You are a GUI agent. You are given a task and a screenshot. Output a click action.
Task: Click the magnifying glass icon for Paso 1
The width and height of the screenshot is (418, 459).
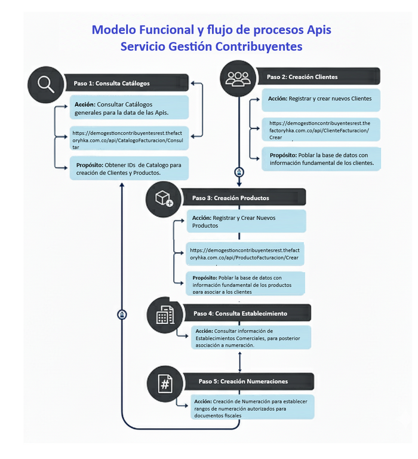click(46, 82)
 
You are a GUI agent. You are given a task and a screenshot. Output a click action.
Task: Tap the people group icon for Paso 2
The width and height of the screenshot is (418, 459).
click(238, 78)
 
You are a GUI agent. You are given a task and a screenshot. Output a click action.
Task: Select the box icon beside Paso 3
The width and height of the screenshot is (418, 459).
click(164, 198)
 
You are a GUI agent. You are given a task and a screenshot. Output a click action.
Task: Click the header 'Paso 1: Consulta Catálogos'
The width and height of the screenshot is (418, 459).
click(112, 83)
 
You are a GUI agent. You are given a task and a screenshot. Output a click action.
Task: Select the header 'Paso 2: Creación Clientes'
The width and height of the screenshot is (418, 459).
click(302, 77)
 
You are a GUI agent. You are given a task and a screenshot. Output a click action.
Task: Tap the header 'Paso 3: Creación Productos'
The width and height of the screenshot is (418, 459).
click(230, 198)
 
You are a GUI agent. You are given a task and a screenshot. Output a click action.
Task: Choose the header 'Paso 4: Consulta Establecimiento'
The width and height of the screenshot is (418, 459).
click(240, 313)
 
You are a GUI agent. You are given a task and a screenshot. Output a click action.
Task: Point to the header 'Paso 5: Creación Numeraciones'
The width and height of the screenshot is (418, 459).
click(243, 381)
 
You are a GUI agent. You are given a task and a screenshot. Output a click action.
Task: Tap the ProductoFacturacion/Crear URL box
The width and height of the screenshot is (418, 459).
click(245, 254)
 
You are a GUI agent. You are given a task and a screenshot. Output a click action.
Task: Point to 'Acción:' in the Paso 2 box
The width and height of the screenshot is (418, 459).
click(278, 99)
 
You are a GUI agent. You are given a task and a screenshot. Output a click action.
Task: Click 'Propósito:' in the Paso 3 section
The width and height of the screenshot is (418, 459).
click(205, 278)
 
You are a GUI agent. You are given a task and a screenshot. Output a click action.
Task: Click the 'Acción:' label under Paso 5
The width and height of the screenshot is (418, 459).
click(203, 402)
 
